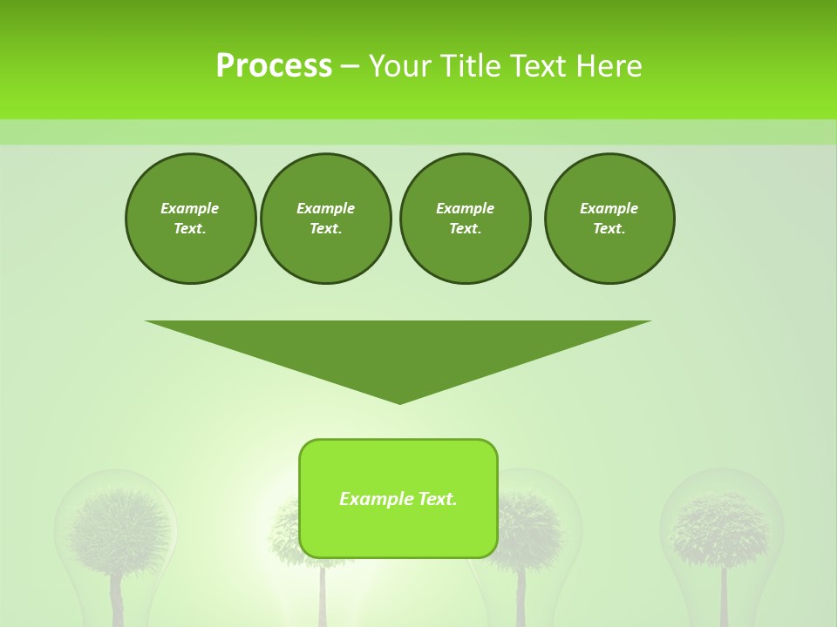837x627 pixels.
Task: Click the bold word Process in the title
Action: click(274, 66)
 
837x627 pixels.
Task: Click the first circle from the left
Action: click(190, 219)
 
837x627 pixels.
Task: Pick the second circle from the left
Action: click(326, 219)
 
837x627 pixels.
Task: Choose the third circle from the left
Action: click(466, 219)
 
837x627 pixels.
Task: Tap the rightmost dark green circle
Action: click(609, 219)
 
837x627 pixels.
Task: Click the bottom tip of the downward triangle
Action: click(399, 401)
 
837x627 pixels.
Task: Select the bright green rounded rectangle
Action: click(398, 531)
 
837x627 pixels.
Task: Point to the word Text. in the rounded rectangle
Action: click(438, 499)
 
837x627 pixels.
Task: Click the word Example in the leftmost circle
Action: click(190, 208)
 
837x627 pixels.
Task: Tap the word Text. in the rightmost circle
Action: click(609, 229)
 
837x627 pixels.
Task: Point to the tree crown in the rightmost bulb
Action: click(721, 526)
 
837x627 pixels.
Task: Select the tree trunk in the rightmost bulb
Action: click(724, 597)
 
